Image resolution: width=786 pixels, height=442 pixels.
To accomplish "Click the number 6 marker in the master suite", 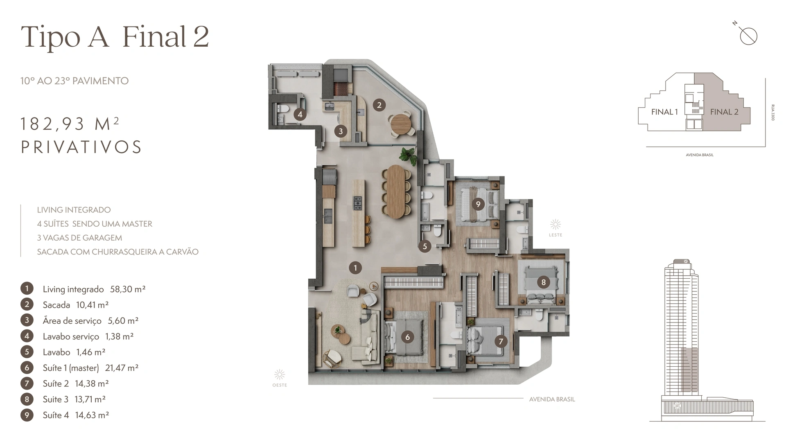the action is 407,337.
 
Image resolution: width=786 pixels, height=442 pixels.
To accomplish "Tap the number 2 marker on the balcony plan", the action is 379,105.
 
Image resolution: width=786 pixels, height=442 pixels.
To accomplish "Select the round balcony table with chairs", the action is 400,123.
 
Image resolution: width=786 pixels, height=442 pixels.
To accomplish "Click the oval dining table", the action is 396,191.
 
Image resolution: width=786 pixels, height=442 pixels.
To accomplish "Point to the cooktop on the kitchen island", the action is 358,203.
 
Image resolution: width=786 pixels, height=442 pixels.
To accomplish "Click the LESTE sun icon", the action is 556,224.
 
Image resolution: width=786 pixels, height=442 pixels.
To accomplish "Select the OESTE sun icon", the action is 280,374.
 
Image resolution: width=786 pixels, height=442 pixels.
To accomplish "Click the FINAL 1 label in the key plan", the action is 664,112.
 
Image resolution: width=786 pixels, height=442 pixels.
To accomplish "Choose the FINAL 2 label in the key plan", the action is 724,112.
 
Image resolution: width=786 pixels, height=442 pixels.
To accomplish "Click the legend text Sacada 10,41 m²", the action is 76,305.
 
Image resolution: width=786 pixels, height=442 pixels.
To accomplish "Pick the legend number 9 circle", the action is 27,415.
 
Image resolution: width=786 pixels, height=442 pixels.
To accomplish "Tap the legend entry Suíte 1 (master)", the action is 71,368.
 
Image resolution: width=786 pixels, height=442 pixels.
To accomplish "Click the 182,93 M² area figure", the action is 70,124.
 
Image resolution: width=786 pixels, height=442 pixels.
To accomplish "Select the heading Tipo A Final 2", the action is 115,37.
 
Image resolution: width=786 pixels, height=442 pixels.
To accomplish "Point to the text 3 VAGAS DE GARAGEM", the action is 79,238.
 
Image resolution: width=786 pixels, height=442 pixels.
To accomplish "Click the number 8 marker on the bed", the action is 543,282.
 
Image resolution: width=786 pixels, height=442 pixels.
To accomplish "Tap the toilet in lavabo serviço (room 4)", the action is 283,109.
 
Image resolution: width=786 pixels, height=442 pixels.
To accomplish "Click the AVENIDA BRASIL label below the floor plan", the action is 552,399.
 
